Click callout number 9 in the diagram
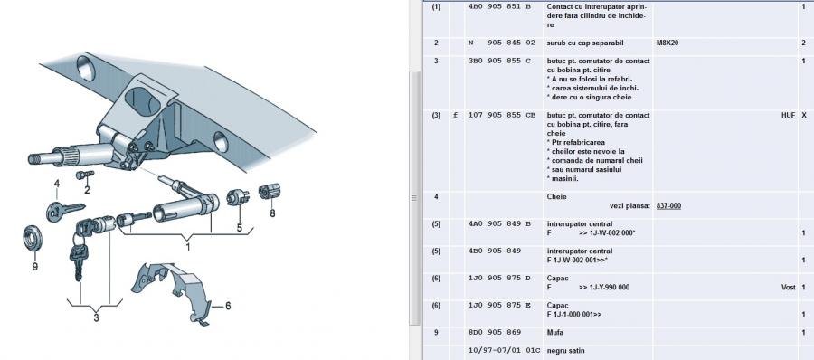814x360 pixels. (34, 267)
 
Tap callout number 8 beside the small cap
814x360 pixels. (272, 213)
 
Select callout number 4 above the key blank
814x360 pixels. (57, 184)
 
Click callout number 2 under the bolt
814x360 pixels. (87, 190)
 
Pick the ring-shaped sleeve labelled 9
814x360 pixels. (33, 238)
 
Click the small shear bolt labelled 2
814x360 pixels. (84, 175)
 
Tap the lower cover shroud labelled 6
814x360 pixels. (171, 289)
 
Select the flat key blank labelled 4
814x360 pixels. (64, 211)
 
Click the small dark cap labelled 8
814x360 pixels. (270, 192)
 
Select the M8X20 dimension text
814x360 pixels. (667, 43)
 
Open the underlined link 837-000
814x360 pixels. (668, 205)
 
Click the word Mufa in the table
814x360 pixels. (555, 333)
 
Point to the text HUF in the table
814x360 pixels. (788, 115)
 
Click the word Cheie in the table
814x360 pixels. (556, 197)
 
